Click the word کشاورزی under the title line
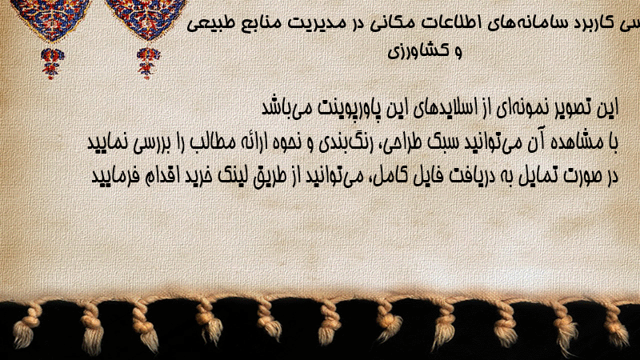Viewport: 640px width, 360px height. (x=419, y=51)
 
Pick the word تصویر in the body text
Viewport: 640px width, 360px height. (x=578, y=108)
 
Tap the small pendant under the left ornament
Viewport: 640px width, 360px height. (x=52, y=63)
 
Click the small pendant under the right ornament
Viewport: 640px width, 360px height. (x=148, y=63)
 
